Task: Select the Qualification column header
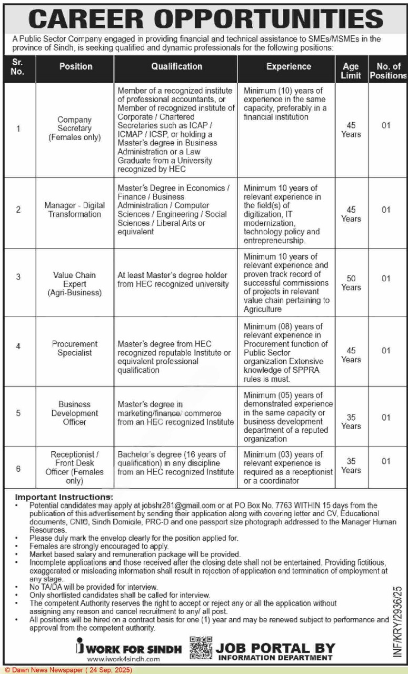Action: point(176,67)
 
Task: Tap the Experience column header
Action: point(288,67)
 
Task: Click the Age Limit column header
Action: point(351,71)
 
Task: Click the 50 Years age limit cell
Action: point(351,282)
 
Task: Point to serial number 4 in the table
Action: point(18,347)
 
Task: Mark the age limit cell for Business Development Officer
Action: point(351,421)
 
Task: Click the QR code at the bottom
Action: point(201,649)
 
